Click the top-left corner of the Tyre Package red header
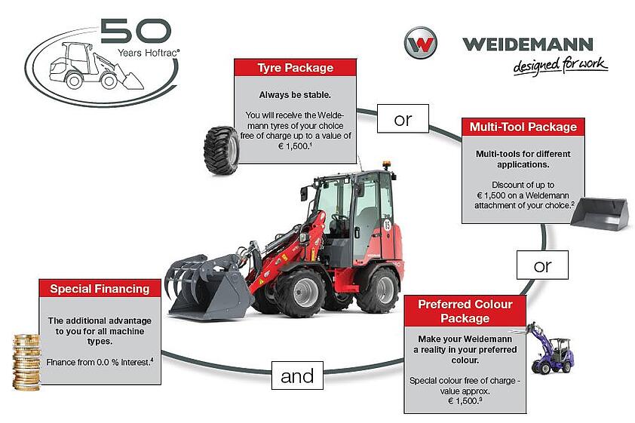[234, 59]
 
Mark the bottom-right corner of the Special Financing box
[161, 384]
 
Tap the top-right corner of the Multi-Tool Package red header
[584, 118]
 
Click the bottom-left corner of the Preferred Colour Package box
[404, 413]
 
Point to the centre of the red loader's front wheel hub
[304, 293]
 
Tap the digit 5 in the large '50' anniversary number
[116, 31]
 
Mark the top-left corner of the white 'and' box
[271, 361]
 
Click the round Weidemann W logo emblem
[421, 43]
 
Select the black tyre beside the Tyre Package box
[222, 151]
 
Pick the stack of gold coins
[26, 362]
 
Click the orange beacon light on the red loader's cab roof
[386, 164]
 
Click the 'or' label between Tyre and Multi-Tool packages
[403, 118]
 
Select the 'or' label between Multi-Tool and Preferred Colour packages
[543, 265]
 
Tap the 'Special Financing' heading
[100, 289]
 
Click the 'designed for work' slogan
[560, 66]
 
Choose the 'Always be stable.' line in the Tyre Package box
[295, 95]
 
